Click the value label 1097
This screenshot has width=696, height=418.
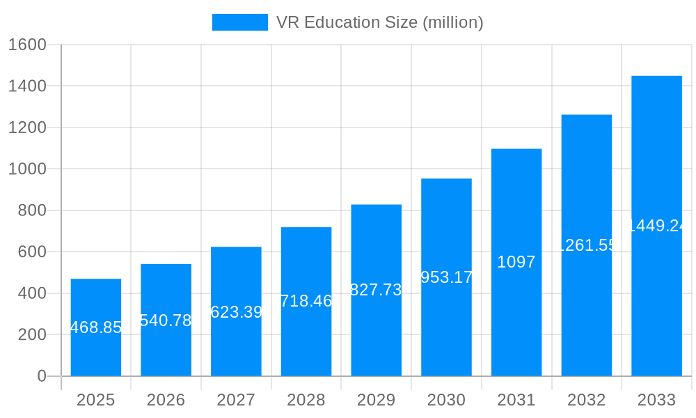pyautogui.click(x=516, y=262)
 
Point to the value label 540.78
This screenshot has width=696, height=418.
pyautogui.click(x=166, y=320)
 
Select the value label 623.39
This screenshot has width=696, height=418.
pyautogui.click(x=236, y=311)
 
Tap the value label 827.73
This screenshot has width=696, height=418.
pyautogui.click(x=376, y=290)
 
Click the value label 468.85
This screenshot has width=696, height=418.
pyautogui.click(x=96, y=327)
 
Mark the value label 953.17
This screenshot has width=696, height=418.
pyautogui.click(x=446, y=277)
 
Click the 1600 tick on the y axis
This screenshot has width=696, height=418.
pyautogui.click(x=26, y=45)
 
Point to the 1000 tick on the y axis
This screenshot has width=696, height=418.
pyautogui.click(x=26, y=169)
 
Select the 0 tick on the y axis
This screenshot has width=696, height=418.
pyautogui.click(x=41, y=376)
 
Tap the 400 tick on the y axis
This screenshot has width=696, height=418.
pyautogui.click(x=31, y=293)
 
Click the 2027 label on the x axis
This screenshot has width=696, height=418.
pyautogui.click(x=236, y=400)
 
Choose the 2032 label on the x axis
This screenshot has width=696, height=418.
pyautogui.click(x=586, y=400)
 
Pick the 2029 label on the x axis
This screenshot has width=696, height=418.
pyautogui.click(x=376, y=400)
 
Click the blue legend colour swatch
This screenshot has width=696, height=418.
pyautogui.click(x=239, y=22)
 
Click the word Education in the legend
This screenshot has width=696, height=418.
pyautogui.click(x=342, y=22)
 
